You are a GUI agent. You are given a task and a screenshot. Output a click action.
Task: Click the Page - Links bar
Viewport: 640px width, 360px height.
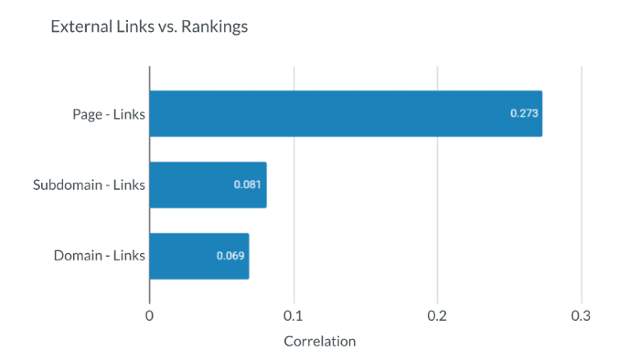pyautogui.click(x=346, y=113)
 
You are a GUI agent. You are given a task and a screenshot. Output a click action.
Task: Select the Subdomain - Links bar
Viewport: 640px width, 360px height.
pyautogui.click(x=208, y=185)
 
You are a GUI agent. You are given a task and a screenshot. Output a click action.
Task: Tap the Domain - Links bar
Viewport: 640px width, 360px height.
pyautogui.click(x=198, y=256)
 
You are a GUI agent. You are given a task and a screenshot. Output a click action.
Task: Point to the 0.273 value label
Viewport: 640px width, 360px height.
pyautogui.click(x=524, y=113)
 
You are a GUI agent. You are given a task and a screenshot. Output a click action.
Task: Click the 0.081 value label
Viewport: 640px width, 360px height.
pyautogui.click(x=248, y=185)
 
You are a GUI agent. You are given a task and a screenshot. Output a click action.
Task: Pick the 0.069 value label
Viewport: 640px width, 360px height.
pyautogui.click(x=230, y=256)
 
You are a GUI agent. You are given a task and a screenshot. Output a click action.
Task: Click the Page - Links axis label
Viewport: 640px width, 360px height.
pyautogui.click(x=109, y=113)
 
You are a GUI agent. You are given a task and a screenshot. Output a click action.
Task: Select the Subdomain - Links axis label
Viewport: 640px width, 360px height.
pyautogui.click(x=89, y=185)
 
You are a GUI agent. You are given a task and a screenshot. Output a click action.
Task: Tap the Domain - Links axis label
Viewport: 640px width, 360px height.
pyautogui.click(x=100, y=256)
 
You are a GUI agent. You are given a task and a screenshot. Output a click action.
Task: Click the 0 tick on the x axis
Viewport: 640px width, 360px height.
pyautogui.click(x=149, y=316)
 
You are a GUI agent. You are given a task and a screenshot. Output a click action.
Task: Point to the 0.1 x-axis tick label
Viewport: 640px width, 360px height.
pyautogui.click(x=293, y=316)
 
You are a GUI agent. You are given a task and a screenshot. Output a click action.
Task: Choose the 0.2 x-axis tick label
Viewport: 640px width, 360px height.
pyautogui.click(x=437, y=316)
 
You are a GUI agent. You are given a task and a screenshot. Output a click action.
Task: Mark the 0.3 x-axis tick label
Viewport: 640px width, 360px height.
pyautogui.click(x=581, y=316)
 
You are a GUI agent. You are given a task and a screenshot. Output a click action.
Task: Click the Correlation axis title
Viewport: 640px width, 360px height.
pyautogui.click(x=319, y=342)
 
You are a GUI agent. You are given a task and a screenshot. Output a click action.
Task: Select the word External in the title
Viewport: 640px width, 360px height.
pyautogui.click(x=78, y=26)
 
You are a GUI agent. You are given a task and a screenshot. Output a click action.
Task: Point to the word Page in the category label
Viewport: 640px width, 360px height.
pyautogui.click(x=89, y=113)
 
